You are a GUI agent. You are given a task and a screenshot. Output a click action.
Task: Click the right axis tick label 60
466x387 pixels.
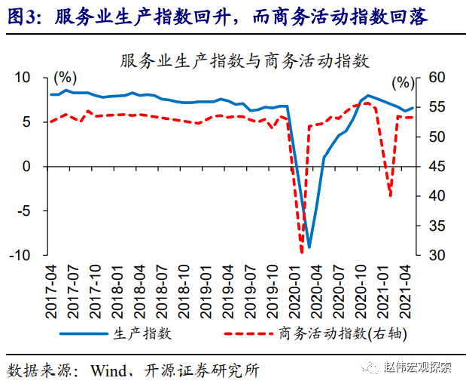click(x=436, y=78)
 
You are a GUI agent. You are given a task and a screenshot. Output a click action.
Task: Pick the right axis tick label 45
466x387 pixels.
click(x=436, y=167)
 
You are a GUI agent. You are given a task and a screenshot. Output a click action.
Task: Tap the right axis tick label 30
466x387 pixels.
click(x=436, y=255)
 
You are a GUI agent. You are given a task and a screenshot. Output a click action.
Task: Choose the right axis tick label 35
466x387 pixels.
click(x=436, y=226)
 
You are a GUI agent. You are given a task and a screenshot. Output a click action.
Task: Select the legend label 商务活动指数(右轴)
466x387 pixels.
click(x=346, y=332)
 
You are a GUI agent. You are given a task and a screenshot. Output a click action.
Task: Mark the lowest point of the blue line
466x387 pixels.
click(x=309, y=247)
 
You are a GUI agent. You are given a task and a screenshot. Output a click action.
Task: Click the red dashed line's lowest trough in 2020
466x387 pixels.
click(x=302, y=252)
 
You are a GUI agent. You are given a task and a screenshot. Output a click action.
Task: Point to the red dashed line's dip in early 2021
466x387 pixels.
click(x=391, y=196)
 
